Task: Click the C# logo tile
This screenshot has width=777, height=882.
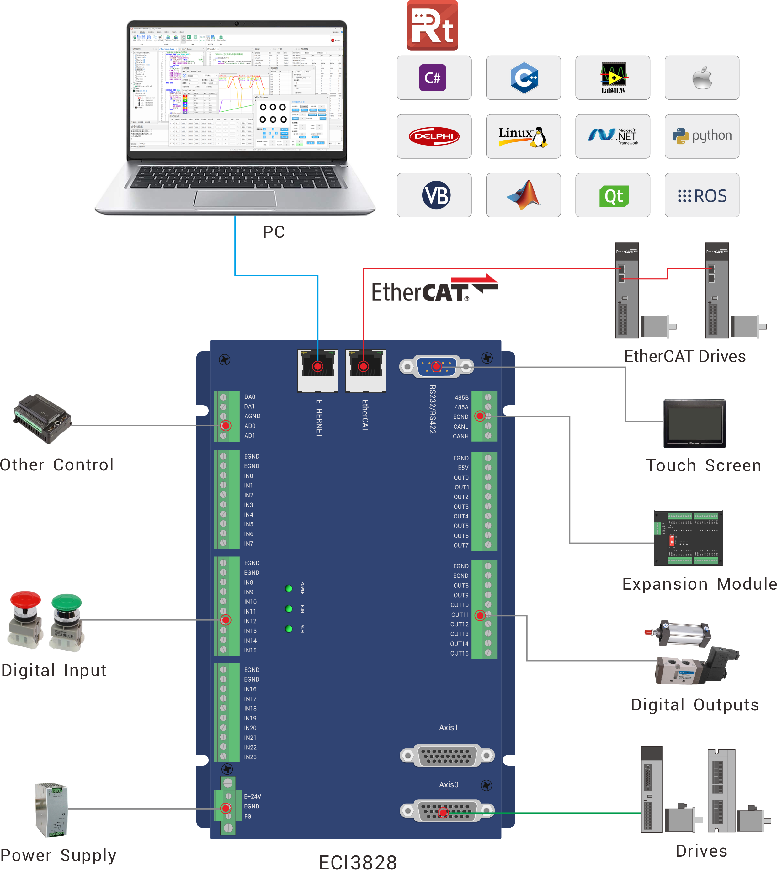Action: [434, 78]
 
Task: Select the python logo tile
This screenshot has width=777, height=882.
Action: [702, 136]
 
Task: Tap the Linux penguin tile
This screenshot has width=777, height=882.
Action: [523, 136]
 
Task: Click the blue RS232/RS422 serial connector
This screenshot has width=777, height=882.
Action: [436, 367]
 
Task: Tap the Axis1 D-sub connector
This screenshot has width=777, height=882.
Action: [447, 755]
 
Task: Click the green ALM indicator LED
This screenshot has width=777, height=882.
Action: [289, 629]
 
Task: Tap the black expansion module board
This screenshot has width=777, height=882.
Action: [688, 538]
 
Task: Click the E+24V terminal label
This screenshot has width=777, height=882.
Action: [253, 796]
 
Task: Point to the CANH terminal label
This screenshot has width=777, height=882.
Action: [460, 436]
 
